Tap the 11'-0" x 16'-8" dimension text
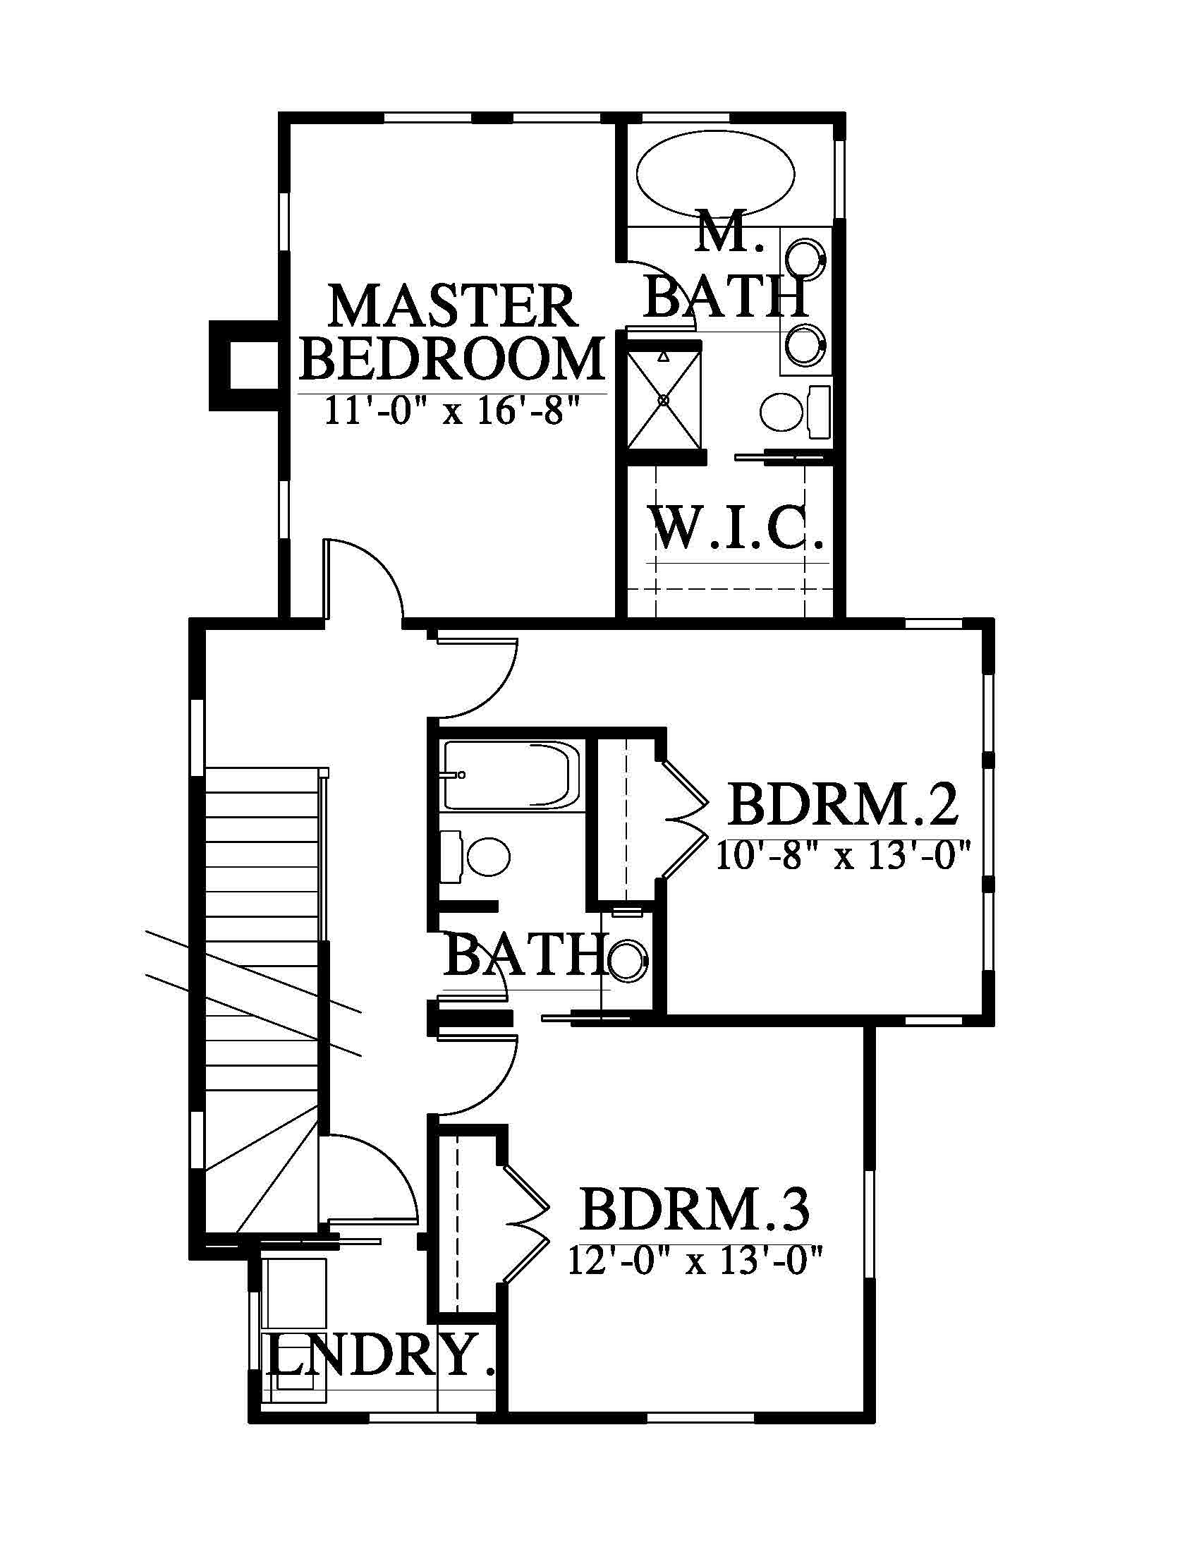[453, 410]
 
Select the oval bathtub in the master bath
[715, 174]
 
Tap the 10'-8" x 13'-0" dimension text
[842, 856]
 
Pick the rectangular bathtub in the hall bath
[511, 776]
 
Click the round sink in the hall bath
[628, 959]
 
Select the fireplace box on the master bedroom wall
[242, 365]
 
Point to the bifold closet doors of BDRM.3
[526, 1224]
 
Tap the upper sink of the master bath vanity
[806, 259]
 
